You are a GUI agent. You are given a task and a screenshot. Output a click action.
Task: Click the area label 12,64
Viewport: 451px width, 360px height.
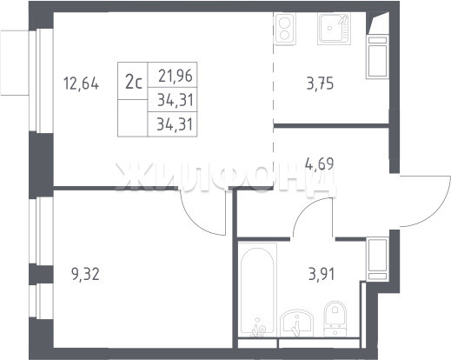[81, 84]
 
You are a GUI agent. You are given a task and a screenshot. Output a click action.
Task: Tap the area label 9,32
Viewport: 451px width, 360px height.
[85, 274]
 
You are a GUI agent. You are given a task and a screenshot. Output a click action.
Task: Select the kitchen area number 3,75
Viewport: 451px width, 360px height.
[320, 83]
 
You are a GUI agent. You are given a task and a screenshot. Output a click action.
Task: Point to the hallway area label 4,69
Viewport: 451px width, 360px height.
[320, 163]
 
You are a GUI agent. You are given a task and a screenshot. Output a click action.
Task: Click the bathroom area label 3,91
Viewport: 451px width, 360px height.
[322, 274]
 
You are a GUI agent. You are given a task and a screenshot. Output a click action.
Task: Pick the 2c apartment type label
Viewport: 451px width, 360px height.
[134, 82]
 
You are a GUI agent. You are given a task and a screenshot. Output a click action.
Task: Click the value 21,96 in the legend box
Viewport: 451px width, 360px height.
[176, 76]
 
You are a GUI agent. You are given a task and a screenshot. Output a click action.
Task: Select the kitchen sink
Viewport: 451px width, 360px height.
[334, 29]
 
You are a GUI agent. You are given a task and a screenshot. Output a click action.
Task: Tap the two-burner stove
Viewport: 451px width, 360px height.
[285, 29]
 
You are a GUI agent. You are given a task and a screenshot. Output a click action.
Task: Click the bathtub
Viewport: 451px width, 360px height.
[257, 290]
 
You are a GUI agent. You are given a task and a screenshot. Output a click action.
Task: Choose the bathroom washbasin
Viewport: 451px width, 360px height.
[297, 323]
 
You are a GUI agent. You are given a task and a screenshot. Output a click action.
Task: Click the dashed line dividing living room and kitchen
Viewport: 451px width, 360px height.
[274, 98]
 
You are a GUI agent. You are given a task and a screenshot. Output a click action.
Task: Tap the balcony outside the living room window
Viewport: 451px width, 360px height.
[15, 63]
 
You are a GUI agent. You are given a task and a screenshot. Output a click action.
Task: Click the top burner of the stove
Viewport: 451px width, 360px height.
[284, 22]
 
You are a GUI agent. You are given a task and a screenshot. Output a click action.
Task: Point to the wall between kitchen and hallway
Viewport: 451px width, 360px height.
[331, 125]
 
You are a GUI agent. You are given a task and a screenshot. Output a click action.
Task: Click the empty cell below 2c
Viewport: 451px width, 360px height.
[133, 117]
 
